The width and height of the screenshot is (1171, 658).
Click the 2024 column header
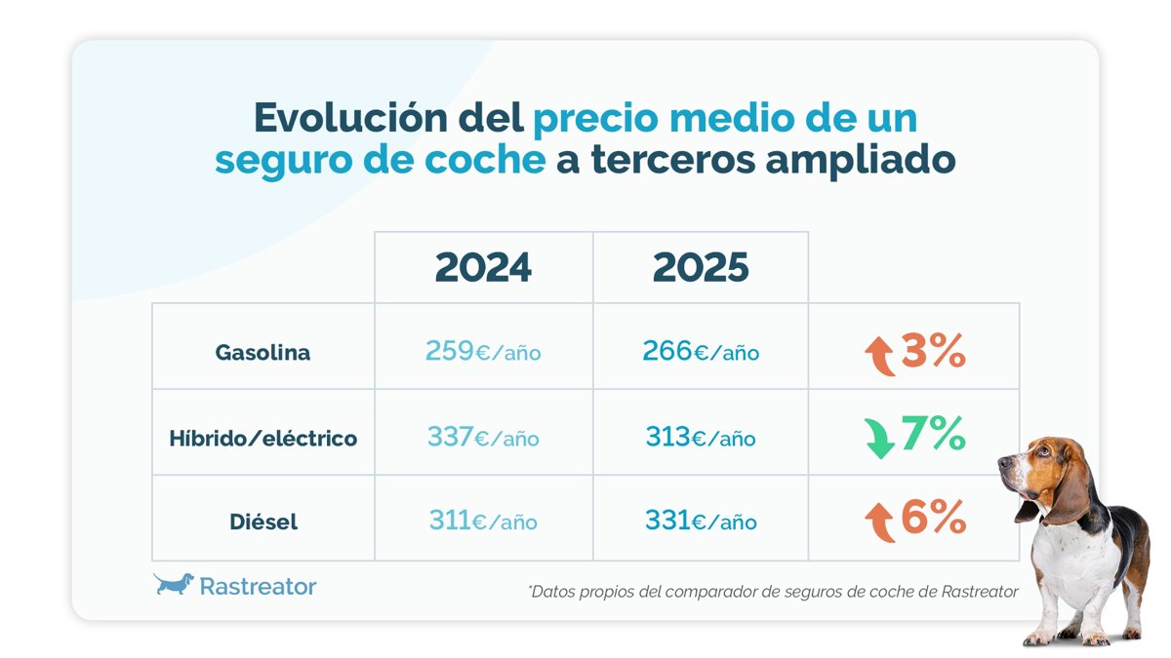click(x=483, y=267)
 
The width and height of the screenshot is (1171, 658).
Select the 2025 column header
click(x=701, y=267)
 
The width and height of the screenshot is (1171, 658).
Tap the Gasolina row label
click(x=262, y=353)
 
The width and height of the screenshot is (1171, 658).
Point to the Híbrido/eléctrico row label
click(x=262, y=439)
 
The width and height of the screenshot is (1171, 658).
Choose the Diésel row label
click(x=262, y=522)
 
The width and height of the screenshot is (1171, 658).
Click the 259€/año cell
click(x=483, y=351)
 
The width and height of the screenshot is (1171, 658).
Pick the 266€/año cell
click(x=701, y=351)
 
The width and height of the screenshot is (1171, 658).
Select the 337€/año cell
click(x=483, y=438)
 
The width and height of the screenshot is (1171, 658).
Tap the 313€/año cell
click(x=701, y=438)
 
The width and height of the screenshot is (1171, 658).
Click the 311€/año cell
click(x=483, y=522)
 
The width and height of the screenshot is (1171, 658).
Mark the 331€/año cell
click(x=701, y=522)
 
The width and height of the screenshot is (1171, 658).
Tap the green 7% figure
click(x=933, y=434)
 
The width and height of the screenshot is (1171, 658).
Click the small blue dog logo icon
click(x=174, y=584)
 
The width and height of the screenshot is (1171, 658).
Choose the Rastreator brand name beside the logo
click(x=258, y=586)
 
